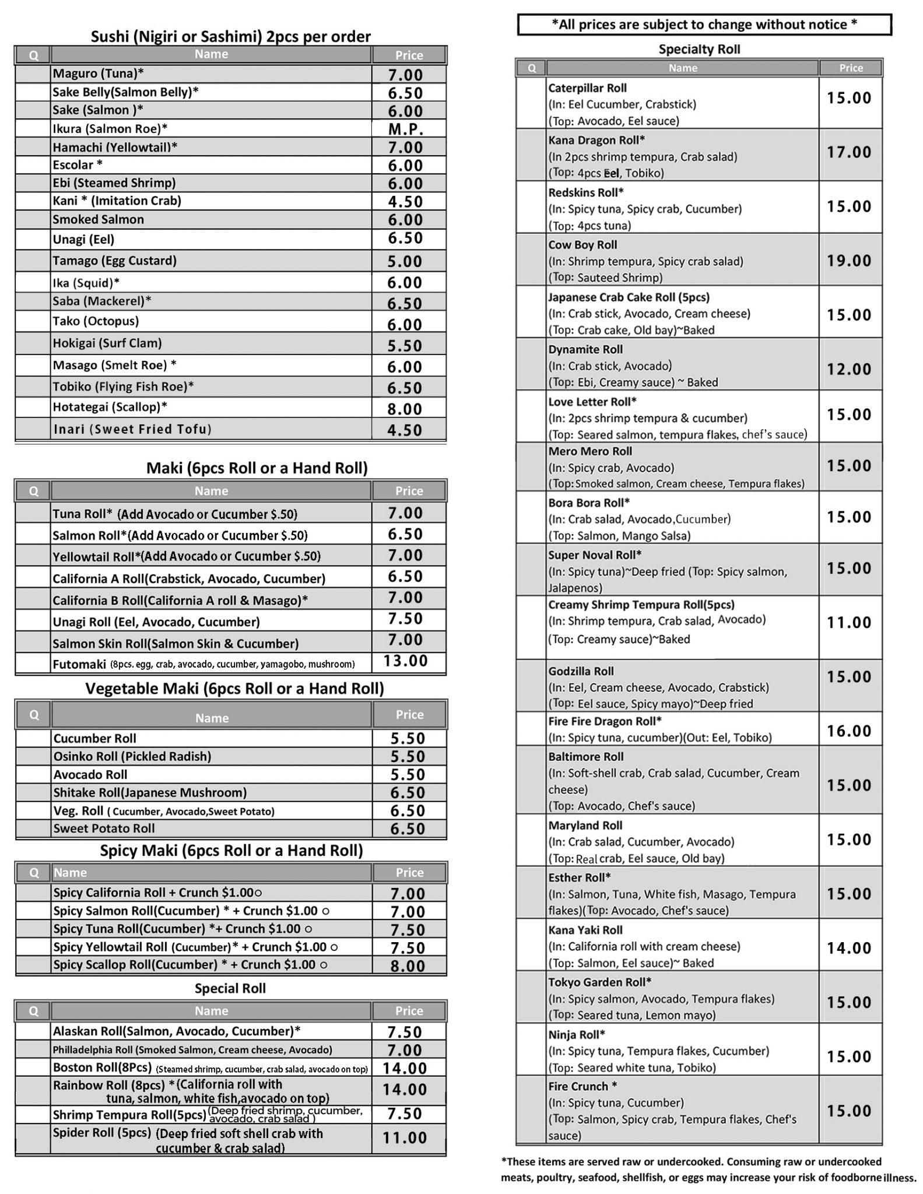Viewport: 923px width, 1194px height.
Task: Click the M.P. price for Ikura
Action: (x=406, y=129)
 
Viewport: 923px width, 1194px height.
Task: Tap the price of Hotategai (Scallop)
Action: (x=405, y=409)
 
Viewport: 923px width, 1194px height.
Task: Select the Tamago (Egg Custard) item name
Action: (x=114, y=261)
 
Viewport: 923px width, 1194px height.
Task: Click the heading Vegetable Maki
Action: (x=234, y=689)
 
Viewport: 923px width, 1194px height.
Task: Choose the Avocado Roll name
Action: (x=90, y=774)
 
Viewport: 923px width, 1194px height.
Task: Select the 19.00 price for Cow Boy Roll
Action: (x=849, y=261)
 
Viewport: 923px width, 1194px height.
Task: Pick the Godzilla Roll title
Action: (x=581, y=671)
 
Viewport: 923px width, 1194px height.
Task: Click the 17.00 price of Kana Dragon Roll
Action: (x=849, y=152)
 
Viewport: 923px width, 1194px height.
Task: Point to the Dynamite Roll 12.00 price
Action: (x=849, y=369)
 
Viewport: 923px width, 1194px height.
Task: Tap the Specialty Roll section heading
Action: (x=699, y=50)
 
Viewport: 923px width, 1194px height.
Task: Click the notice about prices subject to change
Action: (x=704, y=24)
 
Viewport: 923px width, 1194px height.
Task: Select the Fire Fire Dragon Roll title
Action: (x=605, y=721)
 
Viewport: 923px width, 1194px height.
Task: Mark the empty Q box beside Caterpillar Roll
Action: (x=531, y=103)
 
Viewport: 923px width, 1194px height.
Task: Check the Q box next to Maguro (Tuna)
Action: (x=33, y=73)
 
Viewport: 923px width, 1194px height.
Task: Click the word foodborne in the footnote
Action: (x=855, y=1177)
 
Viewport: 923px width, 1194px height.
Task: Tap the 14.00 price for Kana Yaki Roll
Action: (x=849, y=948)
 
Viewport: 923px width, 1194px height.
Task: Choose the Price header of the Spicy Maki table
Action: (x=409, y=873)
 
